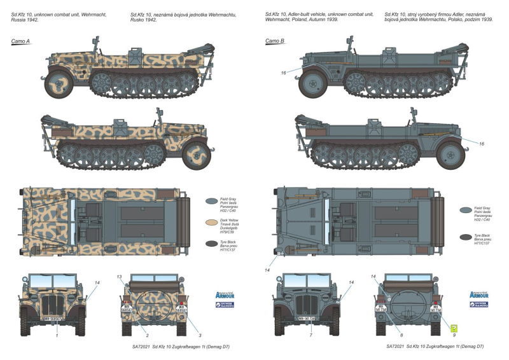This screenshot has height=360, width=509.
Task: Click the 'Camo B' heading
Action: pos(275,42)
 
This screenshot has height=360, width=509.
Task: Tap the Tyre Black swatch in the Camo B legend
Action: pos(466,237)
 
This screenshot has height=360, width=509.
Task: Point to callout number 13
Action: pos(119,277)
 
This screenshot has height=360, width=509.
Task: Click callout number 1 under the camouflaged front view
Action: pos(57,335)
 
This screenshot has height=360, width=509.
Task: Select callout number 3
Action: pos(200,335)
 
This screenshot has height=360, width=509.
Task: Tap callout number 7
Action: pos(310,335)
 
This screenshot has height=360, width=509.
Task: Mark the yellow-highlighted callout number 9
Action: pos(454,330)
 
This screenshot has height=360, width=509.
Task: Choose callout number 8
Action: pos(400,335)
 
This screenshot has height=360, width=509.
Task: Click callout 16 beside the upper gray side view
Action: pos(284,73)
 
